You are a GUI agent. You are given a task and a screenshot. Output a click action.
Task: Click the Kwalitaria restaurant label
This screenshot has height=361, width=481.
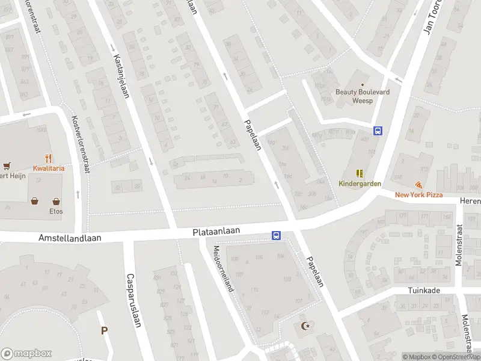[49, 168]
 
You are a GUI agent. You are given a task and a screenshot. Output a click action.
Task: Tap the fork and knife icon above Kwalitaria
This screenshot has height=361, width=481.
[48, 159]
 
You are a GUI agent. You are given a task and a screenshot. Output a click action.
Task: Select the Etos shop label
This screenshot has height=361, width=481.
[56, 211]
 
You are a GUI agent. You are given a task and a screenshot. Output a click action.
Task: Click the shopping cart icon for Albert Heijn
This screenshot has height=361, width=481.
[7, 165]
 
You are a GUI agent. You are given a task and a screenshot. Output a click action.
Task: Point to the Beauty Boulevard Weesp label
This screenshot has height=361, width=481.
[362, 96]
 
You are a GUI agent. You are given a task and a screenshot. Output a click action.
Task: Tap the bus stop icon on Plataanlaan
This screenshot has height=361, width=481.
[276, 236]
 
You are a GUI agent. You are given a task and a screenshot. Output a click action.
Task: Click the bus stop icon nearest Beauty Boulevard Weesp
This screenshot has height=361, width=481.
[378, 131]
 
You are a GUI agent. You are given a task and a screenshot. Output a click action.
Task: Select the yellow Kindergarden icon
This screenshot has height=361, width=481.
[360, 173]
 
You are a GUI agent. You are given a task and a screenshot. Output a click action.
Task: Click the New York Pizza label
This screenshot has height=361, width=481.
[418, 194]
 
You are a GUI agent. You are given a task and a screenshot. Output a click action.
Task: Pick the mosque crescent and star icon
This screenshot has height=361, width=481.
[305, 326]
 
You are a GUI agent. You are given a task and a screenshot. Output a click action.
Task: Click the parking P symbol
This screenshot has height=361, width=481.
[104, 330]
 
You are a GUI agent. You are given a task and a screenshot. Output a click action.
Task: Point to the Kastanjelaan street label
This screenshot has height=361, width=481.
[121, 76]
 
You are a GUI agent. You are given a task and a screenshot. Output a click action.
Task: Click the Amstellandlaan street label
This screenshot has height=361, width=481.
[70, 238]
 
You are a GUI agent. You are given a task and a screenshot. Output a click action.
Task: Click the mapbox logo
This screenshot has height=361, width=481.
[26, 353]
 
